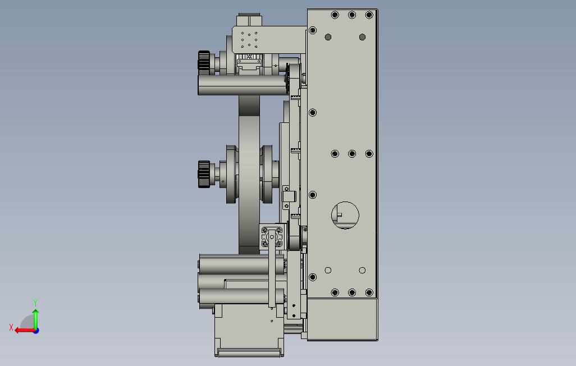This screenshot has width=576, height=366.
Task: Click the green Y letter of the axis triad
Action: click(x=35, y=303)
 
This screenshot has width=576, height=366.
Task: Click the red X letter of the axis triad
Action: click(x=11, y=327)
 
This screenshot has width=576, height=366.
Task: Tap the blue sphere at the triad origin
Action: click(x=36, y=331)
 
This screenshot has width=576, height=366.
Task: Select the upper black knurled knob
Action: click(x=204, y=61)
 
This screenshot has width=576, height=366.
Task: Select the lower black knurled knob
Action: click(x=204, y=174)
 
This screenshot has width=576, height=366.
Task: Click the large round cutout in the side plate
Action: click(x=345, y=216)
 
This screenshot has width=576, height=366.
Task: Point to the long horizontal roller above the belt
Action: click(x=243, y=85)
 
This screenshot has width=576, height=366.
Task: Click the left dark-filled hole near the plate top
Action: click(x=328, y=37)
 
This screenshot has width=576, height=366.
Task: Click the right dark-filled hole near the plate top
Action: click(x=362, y=37)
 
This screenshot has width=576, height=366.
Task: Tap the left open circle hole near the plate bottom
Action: click(x=328, y=271)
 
